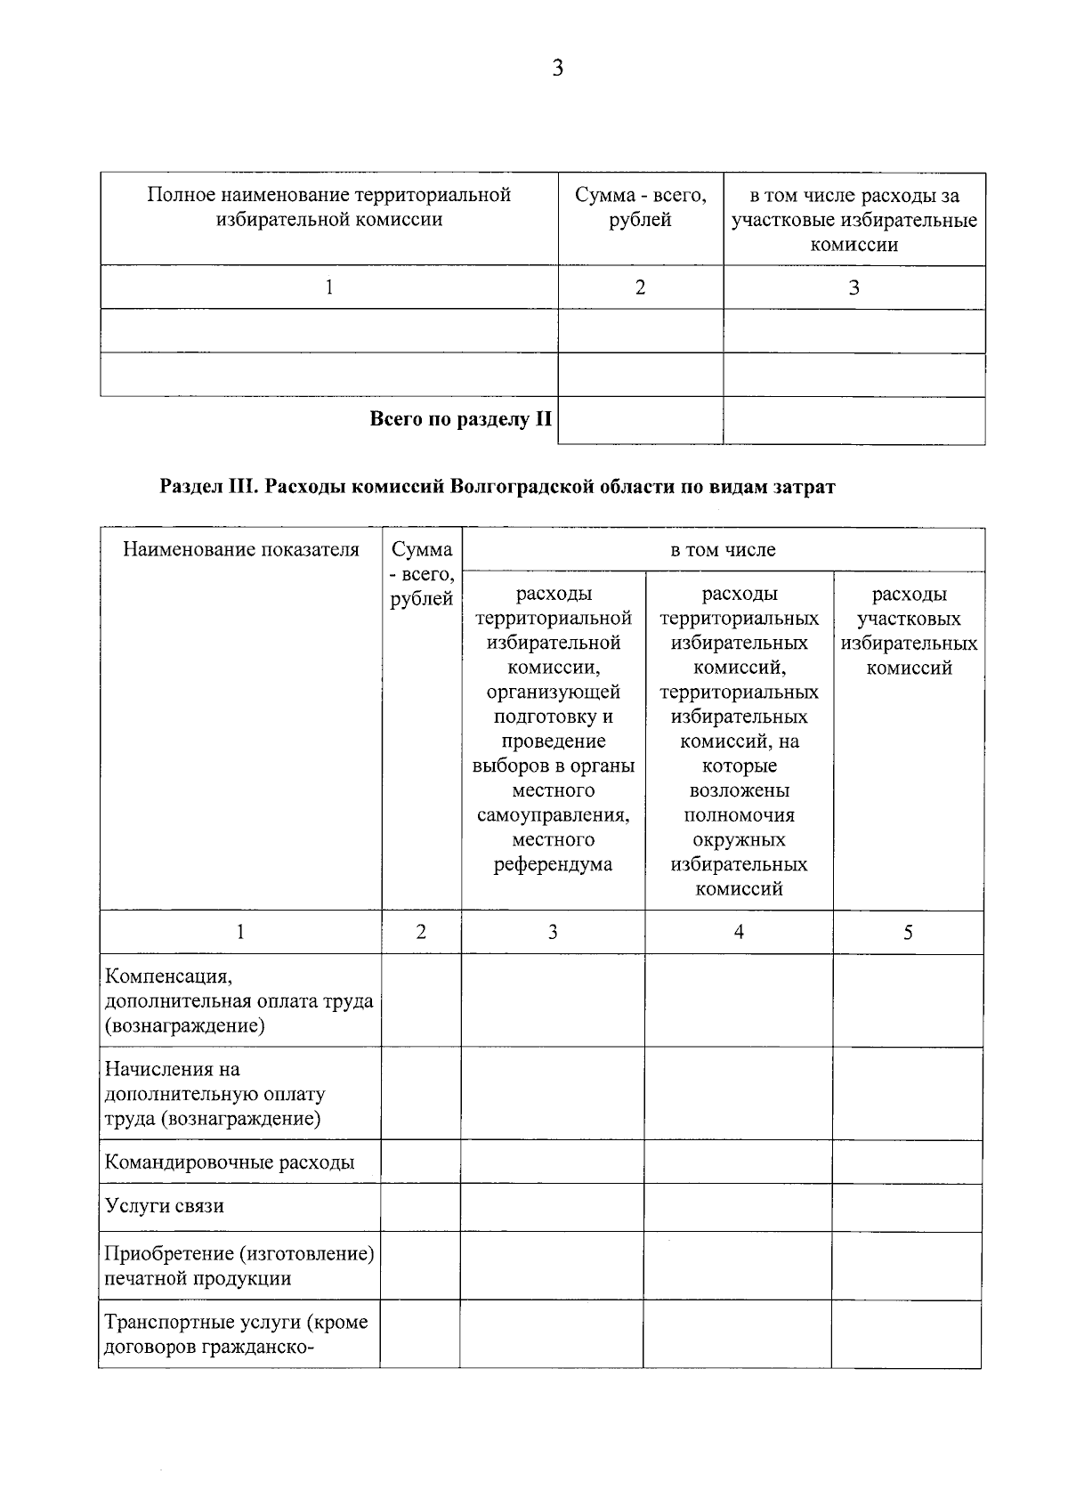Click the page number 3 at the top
click(557, 69)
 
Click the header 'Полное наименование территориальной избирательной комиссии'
click(329, 207)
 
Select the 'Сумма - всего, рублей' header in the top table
click(640, 207)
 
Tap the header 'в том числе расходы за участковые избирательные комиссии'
click(854, 220)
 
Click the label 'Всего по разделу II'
click(460, 419)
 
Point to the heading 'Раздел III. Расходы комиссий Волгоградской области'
click(497, 487)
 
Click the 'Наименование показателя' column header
click(241, 549)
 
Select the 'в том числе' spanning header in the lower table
click(723, 550)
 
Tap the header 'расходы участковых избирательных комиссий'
click(908, 631)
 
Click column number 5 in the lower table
click(908, 933)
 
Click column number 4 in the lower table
click(739, 932)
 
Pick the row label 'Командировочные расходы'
click(230, 1162)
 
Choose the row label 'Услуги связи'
click(165, 1207)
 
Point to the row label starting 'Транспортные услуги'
click(236, 1334)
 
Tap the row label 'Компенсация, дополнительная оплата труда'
click(239, 1001)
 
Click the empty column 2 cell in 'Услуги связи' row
click(420, 1208)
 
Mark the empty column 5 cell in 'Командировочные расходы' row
click(907, 1162)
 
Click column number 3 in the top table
click(854, 287)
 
